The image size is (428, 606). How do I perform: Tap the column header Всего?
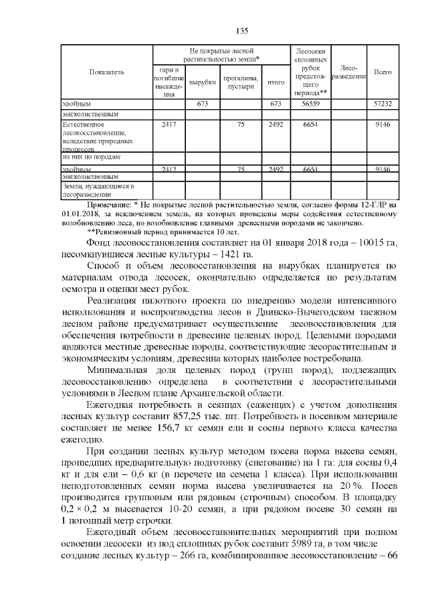(x=383, y=71)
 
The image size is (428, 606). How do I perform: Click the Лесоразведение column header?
(x=348, y=72)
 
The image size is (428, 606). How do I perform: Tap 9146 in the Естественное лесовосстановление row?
(x=383, y=125)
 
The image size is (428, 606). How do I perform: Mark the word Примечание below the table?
(x=109, y=204)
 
